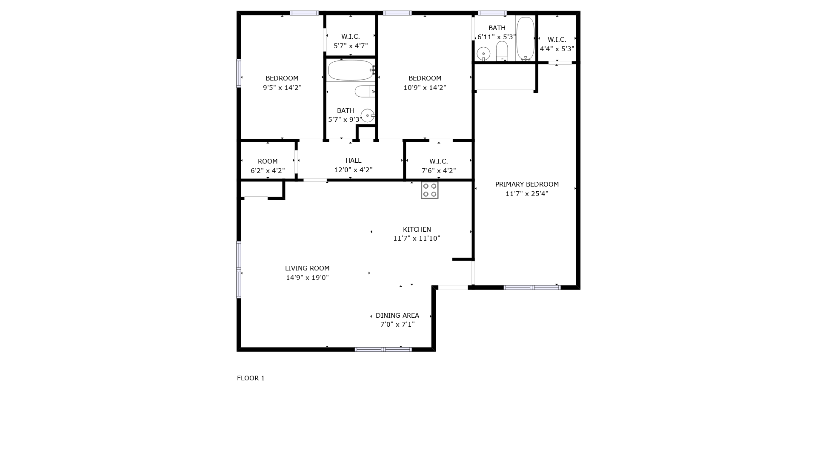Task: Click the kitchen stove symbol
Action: [x=430, y=190]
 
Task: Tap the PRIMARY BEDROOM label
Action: [x=527, y=184]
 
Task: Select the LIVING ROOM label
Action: [x=307, y=268]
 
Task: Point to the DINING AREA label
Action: [x=397, y=316]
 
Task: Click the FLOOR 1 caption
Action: [x=251, y=378]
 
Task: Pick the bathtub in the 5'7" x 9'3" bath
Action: [x=351, y=70]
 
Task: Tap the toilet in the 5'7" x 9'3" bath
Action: [x=365, y=91]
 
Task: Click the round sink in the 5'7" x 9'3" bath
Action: [x=368, y=115]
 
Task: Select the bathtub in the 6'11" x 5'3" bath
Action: [x=526, y=39]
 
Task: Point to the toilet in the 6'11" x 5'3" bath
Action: [x=502, y=51]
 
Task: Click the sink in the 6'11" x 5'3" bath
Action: [x=483, y=54]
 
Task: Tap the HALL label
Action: [x=353, y=161]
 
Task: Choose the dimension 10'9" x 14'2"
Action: [x=425, y=88]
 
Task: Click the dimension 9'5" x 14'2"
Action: [x=282, y=88]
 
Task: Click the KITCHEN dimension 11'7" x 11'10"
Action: [x=417, y=239]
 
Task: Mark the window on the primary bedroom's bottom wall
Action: [x=532, y=287]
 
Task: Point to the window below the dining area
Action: [x=383, y=350]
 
